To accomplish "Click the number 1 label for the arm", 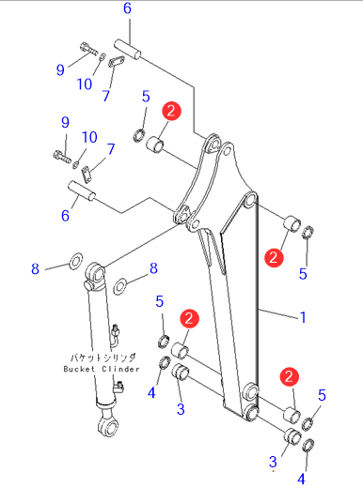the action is click(303, 317).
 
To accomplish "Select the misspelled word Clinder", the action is click(120, 369).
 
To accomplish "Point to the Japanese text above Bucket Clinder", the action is click(103, 358).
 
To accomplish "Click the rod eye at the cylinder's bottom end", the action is click(108, 425).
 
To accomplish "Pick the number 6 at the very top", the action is click(127, 8).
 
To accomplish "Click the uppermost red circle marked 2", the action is click(171, 111).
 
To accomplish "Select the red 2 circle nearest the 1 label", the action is click(274, 257).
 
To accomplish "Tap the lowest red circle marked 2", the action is click(289, 376).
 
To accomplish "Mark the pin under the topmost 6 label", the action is click(127, 49).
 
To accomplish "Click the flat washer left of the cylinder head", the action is click(75, 261).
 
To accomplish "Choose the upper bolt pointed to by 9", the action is click(87, 49).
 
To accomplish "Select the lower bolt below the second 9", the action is click(62, 157).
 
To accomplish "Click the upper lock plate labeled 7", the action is click(117, 61).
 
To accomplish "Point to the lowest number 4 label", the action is click(301, 479).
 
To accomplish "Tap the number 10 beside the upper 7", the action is click(85, 84).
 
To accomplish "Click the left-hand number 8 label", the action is click(35, 268).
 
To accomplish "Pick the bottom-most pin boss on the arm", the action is click(251, 412).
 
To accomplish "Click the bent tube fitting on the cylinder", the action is click(115, 335).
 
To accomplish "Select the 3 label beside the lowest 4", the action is click(273, 462).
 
